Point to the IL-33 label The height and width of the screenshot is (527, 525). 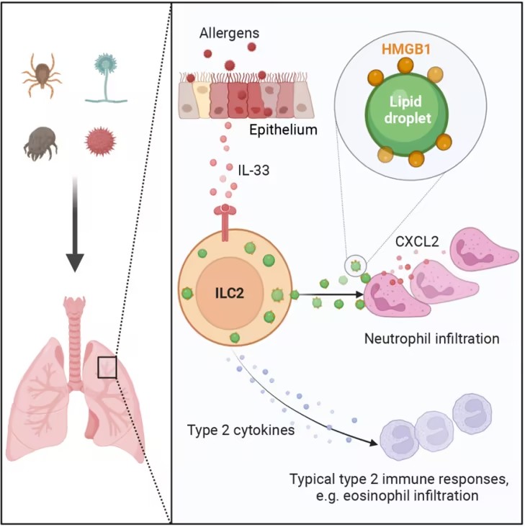tap(253, 171)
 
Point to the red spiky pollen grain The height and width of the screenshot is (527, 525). tap(102, 140)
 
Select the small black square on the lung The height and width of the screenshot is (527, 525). tap(107, 367)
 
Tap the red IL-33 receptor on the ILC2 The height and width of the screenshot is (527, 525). tap(226, 222)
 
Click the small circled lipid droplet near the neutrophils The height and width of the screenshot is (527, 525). tap(355, 267)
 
